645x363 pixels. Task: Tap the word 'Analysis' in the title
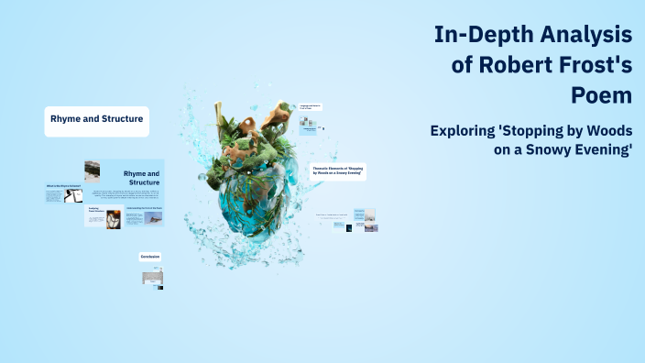[586, 36]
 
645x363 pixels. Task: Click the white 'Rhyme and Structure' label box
[96, 120]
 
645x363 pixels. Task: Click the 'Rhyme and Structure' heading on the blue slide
[141, 177]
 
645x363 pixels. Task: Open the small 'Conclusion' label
[150, 257]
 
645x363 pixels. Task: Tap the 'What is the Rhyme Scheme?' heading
[64, 186]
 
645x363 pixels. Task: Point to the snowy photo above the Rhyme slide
[92, 171]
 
